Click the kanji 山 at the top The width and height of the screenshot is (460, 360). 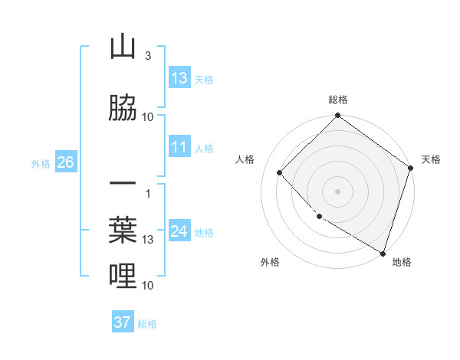[x=123, y=47]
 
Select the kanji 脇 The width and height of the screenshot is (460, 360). [x=123, y=109]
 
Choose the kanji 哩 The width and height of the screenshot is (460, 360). [x=123, y=276]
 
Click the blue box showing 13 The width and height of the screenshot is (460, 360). [x=179, y=78]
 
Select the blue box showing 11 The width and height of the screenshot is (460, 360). [x=179, y=148]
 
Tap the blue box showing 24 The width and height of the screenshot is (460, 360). [x=179, y=231]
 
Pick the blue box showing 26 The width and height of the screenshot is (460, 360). [x=65, y=162]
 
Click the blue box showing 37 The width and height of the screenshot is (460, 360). [x=123, y=322]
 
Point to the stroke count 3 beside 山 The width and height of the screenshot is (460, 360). [x=147, y=56]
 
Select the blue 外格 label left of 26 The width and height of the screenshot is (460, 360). [x=41, y=163]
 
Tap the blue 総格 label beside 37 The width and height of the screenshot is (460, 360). [x=147, y=324]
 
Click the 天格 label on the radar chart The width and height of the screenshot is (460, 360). [x=431, y=159]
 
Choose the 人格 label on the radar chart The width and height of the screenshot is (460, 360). [x=245, y=159]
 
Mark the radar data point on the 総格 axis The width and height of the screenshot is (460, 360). [x=337, y=116]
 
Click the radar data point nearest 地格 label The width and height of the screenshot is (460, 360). [x=383, y=252]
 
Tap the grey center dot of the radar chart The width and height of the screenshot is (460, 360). [x=337, y=191]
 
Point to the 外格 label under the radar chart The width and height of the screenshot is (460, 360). [x=270, y=263]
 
